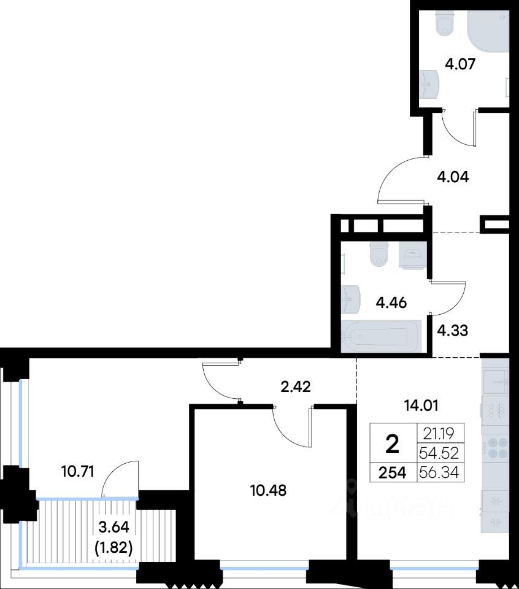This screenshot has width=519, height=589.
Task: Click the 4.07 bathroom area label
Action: pos(460,64)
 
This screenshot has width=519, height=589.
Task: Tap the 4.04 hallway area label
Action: pos(453,177)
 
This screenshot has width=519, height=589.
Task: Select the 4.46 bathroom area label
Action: pos(391,302)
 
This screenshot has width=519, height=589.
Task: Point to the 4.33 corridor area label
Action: pos(453,331)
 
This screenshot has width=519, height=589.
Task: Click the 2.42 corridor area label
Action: pos(296,387)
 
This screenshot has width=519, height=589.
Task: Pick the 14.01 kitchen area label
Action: pos(421,406)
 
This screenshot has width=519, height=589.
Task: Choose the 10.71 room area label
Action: pos(77,471)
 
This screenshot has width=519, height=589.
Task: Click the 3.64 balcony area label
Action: pos(113,527)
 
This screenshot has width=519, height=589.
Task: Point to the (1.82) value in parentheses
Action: pos(113,549)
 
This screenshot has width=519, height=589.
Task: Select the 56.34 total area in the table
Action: pos(439,472)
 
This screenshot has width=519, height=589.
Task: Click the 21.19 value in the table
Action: pos(439,434)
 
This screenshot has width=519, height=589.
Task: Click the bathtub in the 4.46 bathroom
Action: pos(381,337)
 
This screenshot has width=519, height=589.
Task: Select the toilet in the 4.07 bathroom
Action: pos(446,23)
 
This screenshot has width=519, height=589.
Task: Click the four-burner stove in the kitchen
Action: pos(496,448)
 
